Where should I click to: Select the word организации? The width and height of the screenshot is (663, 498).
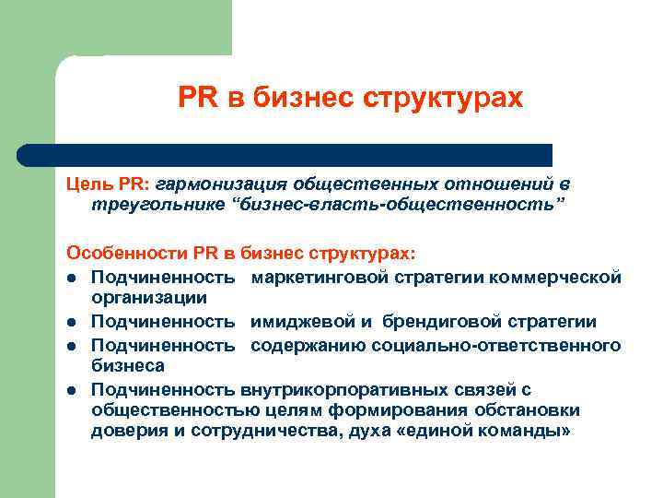[x=148, y=298]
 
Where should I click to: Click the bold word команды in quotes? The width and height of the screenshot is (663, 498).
[x=520, y=432]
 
